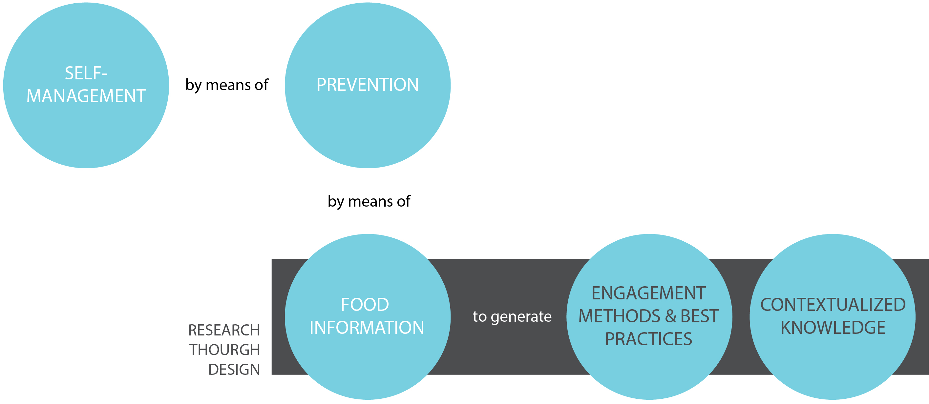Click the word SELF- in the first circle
pos(86,73)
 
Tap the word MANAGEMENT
pos(86,96)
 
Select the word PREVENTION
pos(368,85)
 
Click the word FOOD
pos(365,305)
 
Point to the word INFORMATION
pos(367,328)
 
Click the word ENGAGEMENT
pos(649,293)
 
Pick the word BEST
pos(699,316)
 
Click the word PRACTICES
pos(648,339)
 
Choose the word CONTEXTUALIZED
pos(833,305)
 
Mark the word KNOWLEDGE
pos(833,328)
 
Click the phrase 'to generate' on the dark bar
pos(512,317)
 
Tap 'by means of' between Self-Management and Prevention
pos(227,85)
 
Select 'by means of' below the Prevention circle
pos(369,202)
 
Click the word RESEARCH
pos(224,330)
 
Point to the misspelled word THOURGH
pos(224,350)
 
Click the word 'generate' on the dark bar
pos(521,317)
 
